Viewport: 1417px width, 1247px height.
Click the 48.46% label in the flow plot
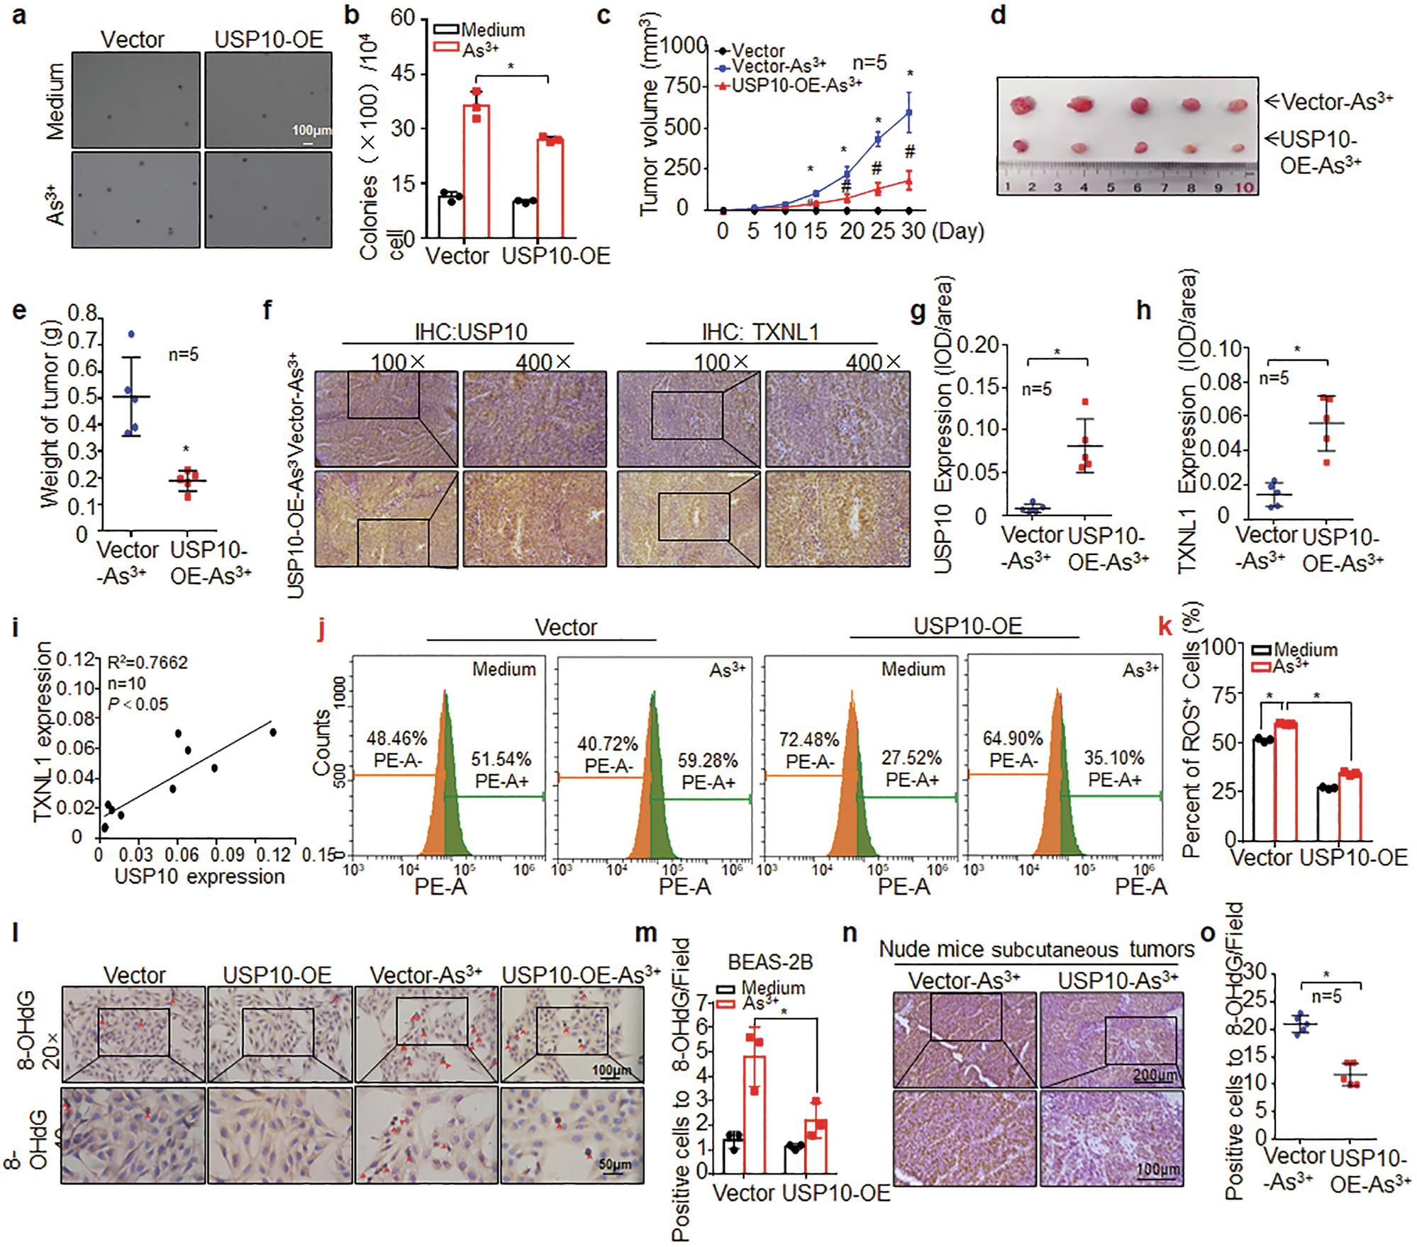[396, 739]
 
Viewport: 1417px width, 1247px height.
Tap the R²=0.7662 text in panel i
[148, 662]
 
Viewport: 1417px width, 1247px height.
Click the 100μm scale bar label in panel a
[311, 130]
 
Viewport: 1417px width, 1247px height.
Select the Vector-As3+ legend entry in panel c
[777, 67]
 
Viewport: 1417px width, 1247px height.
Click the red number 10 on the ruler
[1244, 188]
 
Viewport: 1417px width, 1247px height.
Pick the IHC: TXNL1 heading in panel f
[760, 332]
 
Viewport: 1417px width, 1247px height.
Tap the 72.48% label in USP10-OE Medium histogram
[808, 740]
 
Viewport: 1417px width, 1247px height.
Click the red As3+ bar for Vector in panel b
[477, 170]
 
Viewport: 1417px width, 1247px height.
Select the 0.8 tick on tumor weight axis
[82, 314]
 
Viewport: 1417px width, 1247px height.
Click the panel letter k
[1165, 627]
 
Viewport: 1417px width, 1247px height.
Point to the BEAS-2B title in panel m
[770, 963]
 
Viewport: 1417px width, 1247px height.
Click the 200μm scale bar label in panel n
[1155, 1075]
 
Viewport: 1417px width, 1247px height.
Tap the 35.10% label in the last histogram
[1113, 758]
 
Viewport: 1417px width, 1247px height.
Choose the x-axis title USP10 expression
[199, 877]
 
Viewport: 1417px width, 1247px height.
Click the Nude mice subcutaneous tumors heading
[1036, 949]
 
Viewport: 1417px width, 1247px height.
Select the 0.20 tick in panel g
[977, 346]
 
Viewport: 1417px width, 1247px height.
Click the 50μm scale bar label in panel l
[614, 1164]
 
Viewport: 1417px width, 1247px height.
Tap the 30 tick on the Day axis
[913, 231]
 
